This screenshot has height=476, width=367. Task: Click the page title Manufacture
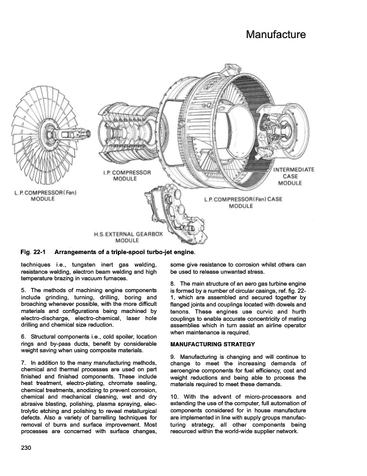(275, 35)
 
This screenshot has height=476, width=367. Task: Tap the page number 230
(26, 447)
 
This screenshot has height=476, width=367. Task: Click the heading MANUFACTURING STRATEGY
(212, 344)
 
